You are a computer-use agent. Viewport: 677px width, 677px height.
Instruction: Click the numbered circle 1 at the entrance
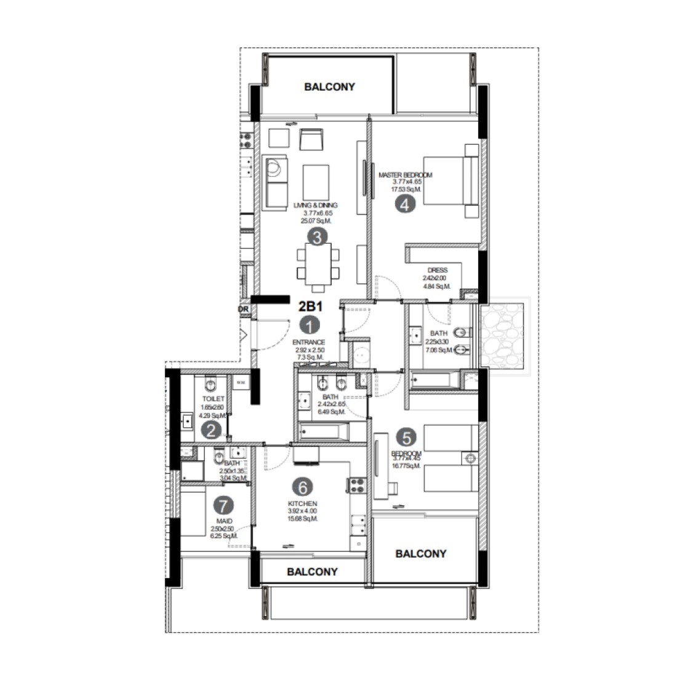pyautogui.click(x=310, y=325)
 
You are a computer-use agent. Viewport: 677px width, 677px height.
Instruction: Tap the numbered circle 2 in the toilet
pyautogui.click(x=210, y=430)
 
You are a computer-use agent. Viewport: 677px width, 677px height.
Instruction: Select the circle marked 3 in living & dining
pyautogui.click(x=317, y=237)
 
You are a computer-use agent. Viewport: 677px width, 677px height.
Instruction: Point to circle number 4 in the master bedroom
pyautogui.click(x=404, y=205)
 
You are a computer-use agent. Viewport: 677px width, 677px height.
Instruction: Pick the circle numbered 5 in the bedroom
pyautogui.click(x=406, y=438)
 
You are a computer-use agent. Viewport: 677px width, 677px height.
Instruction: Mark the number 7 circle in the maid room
pyautogui.click(x=223, y=506)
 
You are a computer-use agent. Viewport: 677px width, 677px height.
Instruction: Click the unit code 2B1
pyautogui.click(x=310, y=306)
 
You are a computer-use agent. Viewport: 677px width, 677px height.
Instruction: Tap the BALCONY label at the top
pyautogui.click(x=329, y=87)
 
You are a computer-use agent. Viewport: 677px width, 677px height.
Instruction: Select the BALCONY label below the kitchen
pyautogui.click(x=312, y=572)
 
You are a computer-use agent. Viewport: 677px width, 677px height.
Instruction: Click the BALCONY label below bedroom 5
pyautogui.click(x=421, y=554)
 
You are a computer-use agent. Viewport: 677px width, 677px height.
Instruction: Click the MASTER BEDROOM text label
pyautogui.click(x=405, y=175)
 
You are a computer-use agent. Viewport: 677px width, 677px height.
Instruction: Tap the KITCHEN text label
pyautogui.click(x=302, y=503)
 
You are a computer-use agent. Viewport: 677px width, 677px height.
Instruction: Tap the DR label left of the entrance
pyautogui.click(x=243, y=310)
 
